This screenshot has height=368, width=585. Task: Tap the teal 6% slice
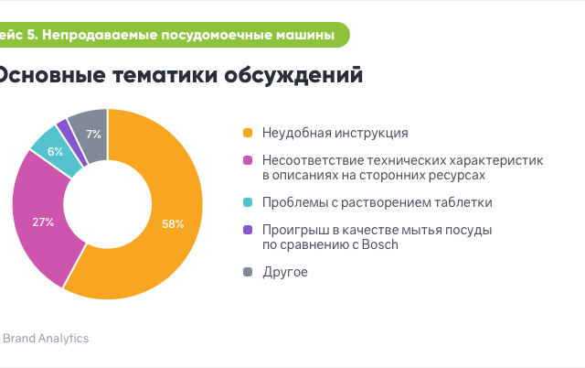pyautogui.click(x=56, y=151)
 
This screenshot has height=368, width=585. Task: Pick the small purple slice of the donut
pyautogui.click(x=72, y=142)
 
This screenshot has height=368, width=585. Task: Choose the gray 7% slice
pyautogui.click(x=91, y=135)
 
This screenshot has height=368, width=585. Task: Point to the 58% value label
pyautogui.click(x=173, y=223)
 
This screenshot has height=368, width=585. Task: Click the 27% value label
pyautogui.click(x=43, y=222)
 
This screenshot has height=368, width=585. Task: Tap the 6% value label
pyautogui.click(x=55, y=151)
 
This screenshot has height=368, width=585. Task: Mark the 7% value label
pyautogui.click(x=93, y=135)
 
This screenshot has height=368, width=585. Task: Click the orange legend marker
pyautogui.click(x=248, y=133)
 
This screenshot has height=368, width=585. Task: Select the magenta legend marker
pyautogui.click(x=248, y=160)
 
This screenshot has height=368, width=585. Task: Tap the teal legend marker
pyautogui.click(x=248, y=202)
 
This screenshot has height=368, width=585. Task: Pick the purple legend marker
pyautogui.click(x=248, y=230)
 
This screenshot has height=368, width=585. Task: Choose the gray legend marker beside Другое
pyautogui.click(x=248, y=272)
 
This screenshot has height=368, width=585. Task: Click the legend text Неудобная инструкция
pyautogui.click(x=335, y=133)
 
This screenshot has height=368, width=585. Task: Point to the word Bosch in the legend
pyautogui.click(x=380, y=244)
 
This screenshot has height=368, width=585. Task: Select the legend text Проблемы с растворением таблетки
pyautogui.click(x=378, y=202)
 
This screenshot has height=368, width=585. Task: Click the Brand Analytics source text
pyautogui.click(x=46, y=339)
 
